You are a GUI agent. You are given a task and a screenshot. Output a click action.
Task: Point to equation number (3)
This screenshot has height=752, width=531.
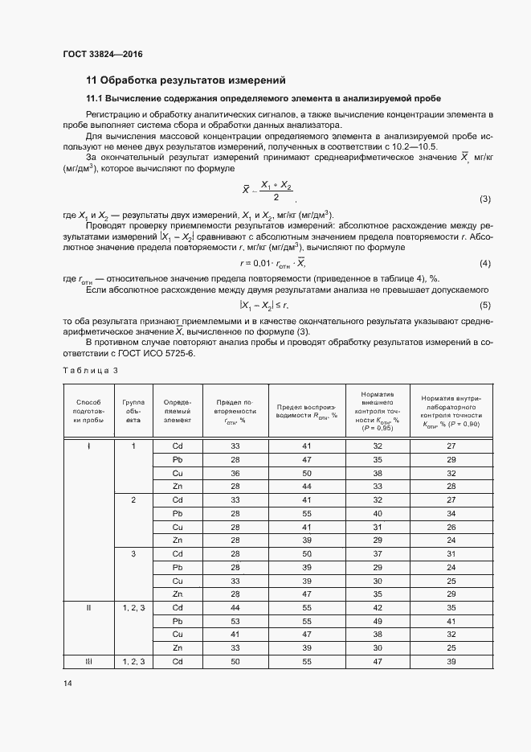tap(484, 199)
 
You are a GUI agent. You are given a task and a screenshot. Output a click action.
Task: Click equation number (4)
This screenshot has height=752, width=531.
tap(484, 264)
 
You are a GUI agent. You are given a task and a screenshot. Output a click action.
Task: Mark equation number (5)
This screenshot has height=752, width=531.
tap(484, 306)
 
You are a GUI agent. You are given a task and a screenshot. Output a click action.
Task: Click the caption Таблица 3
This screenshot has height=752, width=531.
tap(90, 369)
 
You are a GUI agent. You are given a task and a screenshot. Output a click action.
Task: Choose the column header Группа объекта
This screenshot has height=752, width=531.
tap(133, 410)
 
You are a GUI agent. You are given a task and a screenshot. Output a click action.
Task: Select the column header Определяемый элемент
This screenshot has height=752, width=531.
tap(178, 410)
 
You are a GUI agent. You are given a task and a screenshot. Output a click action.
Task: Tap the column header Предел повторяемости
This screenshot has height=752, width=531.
tap(235, 410)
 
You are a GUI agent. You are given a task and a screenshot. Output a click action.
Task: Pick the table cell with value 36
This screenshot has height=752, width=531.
tap(235, 473)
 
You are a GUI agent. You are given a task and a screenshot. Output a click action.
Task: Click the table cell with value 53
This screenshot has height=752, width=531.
tap(235, 621)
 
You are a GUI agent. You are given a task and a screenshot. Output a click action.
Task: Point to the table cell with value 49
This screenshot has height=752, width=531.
tap(377, 621)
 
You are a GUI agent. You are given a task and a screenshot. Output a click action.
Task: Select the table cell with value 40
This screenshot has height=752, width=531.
tap(377, 512)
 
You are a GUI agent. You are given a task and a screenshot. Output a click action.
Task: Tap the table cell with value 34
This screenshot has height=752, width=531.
tap(451, 512)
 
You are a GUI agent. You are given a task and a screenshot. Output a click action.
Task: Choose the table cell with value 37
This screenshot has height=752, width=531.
tap(377, 553)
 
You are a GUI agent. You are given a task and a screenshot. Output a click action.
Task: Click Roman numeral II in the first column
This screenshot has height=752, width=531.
tap(88, 607)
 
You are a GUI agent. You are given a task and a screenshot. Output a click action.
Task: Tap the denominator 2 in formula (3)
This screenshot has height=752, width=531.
tap(276, 198)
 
